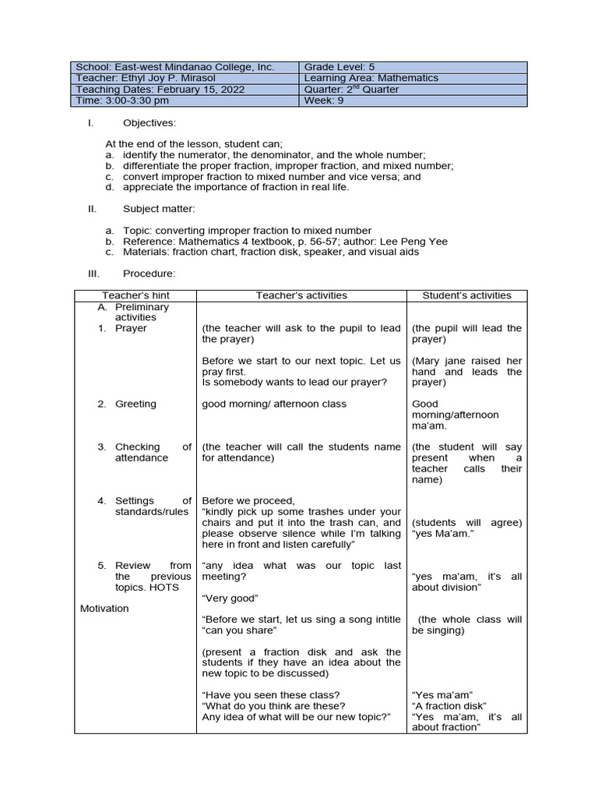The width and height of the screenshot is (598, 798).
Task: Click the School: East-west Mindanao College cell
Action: pyautogui.click(x=174, y=67)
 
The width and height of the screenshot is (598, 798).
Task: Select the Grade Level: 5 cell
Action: pyautogui.click(x=339, y=67)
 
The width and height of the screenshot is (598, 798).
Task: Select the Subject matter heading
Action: pyautogui.click(x=159, y=209)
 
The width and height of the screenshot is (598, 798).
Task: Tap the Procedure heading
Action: pyautogui.click(x=149, y=274)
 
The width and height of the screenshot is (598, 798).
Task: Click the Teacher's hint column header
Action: pyautogui.click(x=135, y=295)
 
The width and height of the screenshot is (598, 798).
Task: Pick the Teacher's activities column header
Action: pyautogui.click(x=301, y=295)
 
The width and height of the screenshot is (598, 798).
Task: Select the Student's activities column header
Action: pyautogui.click(x=466, y=295)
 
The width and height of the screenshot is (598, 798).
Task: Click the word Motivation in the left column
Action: pyautogui.click(x=104, y=608)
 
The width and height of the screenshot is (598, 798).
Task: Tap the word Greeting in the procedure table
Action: pyautogui.click(x=135, y=404)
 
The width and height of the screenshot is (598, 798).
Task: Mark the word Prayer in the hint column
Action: pyautogui.click(x=131, y=328)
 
